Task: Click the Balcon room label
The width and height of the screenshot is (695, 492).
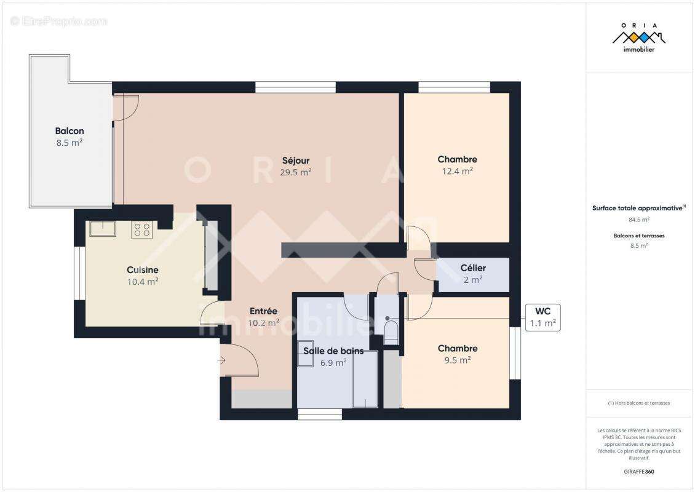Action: (69, 131)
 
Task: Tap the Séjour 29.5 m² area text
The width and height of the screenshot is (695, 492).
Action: (296, 173)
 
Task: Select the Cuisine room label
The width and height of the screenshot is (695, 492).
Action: (143, 270)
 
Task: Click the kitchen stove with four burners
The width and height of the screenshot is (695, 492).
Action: (141, 229)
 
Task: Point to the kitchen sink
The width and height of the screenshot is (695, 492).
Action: (101, 228)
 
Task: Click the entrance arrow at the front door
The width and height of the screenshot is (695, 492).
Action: (221, 360)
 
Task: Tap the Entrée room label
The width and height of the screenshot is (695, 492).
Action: (263, 311)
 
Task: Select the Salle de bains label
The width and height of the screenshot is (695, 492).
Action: (333, 351)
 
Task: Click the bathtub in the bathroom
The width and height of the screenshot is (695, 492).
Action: (365, 379)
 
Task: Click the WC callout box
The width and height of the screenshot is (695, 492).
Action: (542, 317)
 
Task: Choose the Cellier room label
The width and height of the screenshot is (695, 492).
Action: (473, 268)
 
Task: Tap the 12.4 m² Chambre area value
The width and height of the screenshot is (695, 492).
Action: (457, 172)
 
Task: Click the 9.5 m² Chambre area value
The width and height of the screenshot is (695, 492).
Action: (457, 360)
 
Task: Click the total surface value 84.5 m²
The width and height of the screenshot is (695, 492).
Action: (638, 219)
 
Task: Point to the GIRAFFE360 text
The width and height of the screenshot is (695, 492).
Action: (638, 472)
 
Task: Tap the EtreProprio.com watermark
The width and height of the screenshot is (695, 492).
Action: (59, 21)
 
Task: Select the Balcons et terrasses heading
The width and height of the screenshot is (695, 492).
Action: (638, 236)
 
